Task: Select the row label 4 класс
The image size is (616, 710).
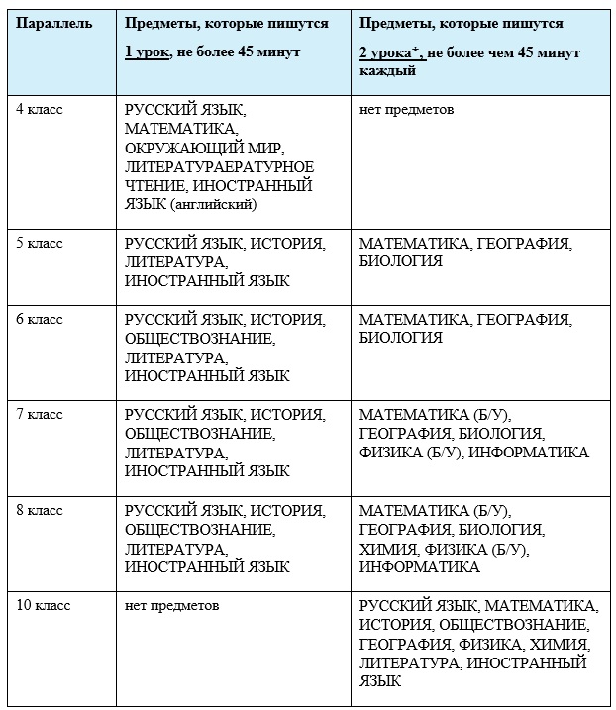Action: point(39,110)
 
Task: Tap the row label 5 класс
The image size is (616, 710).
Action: point(39,243)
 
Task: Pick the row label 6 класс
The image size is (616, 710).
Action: point(39,320)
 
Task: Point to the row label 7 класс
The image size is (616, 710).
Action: point(39,414)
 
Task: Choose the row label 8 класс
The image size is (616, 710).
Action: point(39,511)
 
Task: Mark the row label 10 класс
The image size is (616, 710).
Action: point(43,604)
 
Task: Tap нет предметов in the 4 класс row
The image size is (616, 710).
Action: point(406,110)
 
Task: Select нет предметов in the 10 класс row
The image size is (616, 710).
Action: point(172,604)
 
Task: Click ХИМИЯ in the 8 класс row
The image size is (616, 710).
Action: point(389,549)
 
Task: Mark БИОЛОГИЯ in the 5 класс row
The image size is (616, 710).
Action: point(400,261)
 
